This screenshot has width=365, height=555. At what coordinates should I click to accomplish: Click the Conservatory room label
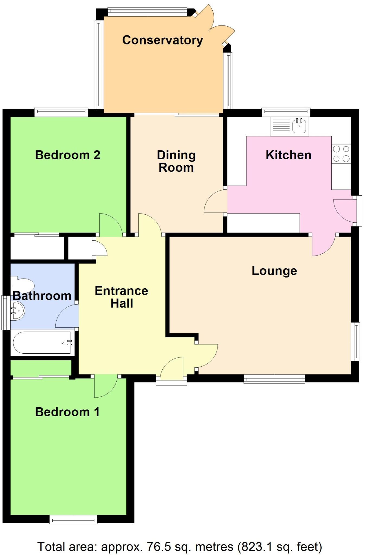point(162,40)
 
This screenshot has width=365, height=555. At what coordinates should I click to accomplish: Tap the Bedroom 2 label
point(68,155)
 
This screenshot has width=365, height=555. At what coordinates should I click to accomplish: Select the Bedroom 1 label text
point(67,412)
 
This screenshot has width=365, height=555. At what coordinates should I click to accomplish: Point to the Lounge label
point(274,271)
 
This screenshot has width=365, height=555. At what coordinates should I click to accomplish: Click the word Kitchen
point(288,155)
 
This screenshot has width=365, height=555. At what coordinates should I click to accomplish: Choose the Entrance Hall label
point(121,297)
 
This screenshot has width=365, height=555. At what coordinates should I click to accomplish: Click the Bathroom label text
point(42,296)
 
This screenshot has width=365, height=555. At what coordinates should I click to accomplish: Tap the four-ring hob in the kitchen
point(341,154)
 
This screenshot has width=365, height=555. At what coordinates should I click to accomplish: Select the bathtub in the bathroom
point(42,343)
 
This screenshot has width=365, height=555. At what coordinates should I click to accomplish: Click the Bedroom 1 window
point(73,519)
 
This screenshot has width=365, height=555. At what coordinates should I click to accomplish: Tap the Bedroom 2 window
point(61,112)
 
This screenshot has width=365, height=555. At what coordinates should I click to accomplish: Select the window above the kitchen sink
point(286,112)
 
